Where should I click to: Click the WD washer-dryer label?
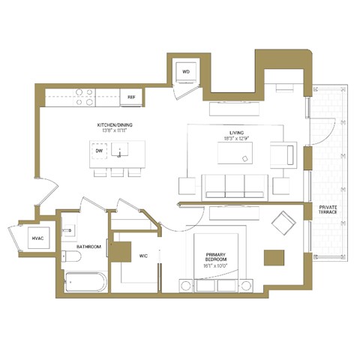point(186,72)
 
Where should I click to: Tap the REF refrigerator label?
point(131,97)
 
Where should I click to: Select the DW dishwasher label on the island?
point(99,151)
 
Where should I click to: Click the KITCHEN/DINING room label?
point(115,124)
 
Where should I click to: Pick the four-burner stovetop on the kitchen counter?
point(84,96)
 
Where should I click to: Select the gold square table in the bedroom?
point(274,257)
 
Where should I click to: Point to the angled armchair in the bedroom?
point(284,222)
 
